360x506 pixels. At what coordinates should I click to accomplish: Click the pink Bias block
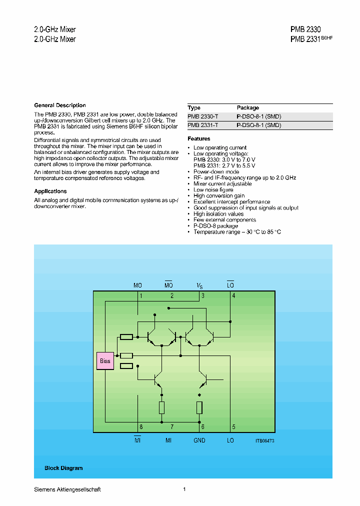tap(105, 360)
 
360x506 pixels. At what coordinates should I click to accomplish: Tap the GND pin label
tap(199, 440)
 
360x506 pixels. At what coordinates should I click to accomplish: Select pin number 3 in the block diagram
tap(203, 296)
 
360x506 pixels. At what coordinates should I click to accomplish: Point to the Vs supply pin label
tap(199, 285)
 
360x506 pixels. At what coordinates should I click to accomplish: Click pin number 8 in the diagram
tap(141, 427)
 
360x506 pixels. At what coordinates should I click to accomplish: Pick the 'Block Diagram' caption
tap(63, 468)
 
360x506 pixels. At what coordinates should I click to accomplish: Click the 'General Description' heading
tap(60, 105)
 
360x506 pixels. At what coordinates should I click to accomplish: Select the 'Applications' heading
tap(50, 191)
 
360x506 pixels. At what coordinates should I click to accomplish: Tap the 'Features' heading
tap(199, 138)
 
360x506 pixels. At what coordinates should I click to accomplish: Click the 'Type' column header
tap(194, 107)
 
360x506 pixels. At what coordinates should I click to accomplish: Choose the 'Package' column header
tap(247, 107)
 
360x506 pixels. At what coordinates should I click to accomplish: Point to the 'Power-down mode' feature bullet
tap(216, 171)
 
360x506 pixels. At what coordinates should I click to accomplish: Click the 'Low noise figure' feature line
tap(213, 189)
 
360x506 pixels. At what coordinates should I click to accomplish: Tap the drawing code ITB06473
tap(265, 440)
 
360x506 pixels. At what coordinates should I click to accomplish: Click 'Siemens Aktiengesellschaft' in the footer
tap(67, 489)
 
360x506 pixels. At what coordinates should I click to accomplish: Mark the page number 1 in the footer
tap(184, 489)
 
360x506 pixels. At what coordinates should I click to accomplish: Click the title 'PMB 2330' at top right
tap(305, 29)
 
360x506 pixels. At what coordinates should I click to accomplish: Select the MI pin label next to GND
tap(168, 440)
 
